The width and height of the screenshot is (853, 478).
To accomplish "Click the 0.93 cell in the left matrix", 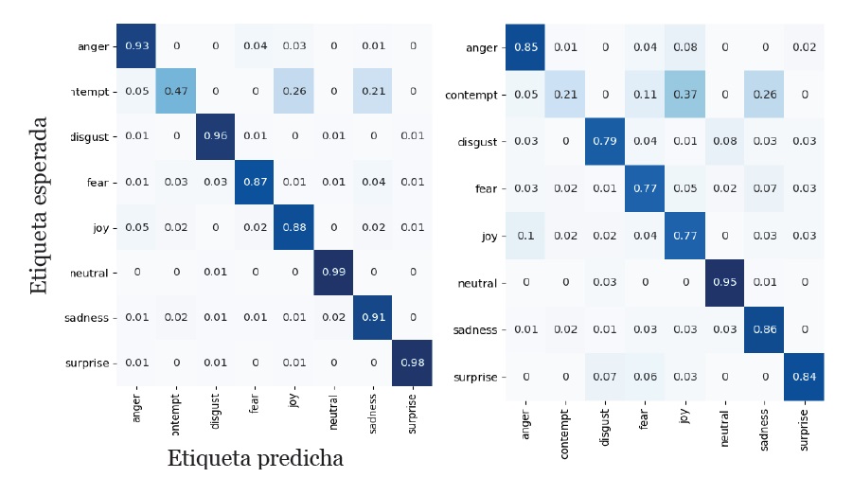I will [x=136, y=45].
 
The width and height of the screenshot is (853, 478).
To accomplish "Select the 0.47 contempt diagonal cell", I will [x=176, y=91].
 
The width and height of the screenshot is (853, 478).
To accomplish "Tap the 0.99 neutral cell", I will [x=333, y=273].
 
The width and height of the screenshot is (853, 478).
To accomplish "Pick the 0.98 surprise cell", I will [x=412, y=363].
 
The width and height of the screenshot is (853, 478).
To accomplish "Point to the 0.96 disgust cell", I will [x=215, y=136].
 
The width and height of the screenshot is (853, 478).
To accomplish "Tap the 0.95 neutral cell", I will [x=724, y=282].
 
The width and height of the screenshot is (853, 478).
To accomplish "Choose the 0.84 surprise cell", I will [x=804, y=377].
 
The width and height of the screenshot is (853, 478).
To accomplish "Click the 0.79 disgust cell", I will [x=604, y=141].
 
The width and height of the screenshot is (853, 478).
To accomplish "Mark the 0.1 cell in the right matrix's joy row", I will [x=524, y=235].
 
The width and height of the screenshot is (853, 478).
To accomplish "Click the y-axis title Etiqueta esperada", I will [x=39, y=204].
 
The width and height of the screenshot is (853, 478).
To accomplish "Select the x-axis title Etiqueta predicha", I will [x=255, y=459].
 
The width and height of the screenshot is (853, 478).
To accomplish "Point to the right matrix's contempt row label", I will [x=471, y=95].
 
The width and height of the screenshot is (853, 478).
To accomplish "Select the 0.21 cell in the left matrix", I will [x=372, y=91].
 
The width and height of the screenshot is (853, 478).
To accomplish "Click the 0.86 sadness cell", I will [x=764, y=329].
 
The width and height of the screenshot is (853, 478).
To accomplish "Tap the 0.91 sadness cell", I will [x=372, y=318].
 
